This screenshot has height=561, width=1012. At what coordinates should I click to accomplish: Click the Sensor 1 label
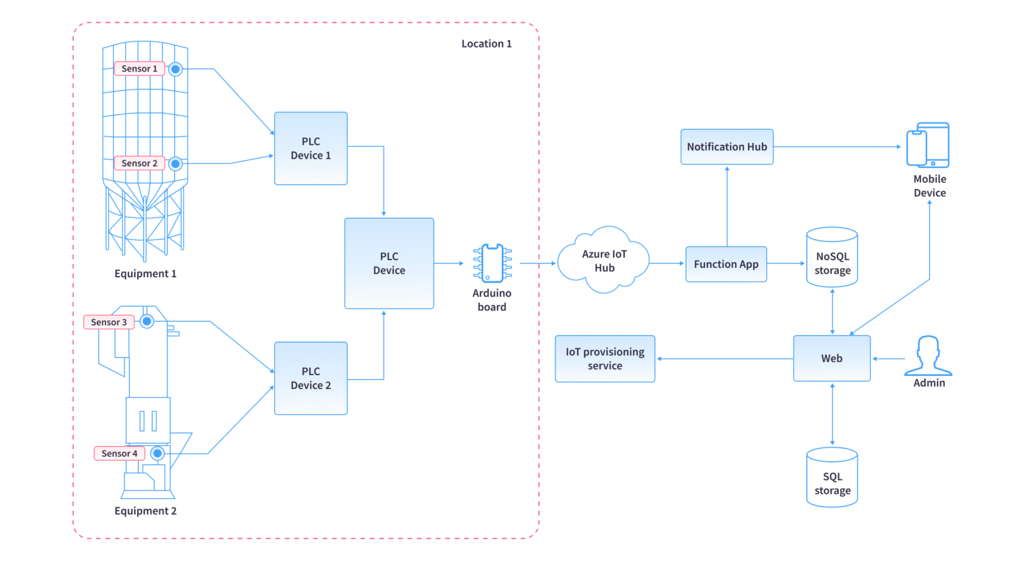tap(139, 68)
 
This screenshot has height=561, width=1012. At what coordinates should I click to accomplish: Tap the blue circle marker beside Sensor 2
tap(175, 163)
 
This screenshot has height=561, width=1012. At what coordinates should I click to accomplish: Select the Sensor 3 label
tap(109, 322)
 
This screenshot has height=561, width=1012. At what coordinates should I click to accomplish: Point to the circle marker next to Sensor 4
tap(157, 453)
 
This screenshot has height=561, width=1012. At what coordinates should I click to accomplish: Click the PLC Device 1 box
tap(310, 148)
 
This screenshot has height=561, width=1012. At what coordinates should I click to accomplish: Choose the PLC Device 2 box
tap(310, 378)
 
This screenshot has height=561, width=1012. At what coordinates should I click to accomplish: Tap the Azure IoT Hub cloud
tap(604, 261)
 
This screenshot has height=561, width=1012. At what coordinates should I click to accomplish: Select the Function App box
tap(726, 264)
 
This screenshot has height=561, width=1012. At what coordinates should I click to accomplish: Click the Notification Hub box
tap(727, 147)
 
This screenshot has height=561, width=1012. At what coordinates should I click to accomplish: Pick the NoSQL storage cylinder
tap(832, 257)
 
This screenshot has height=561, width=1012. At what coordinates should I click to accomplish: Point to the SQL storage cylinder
tap(832, 477)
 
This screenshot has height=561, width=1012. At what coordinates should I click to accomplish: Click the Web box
tap(831, 358)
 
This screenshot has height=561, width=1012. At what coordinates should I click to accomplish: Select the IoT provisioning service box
tap(605, 359)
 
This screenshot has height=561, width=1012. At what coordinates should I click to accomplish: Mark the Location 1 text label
tap(486, 43)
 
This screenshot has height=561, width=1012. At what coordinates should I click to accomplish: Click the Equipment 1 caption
tap(145, 273)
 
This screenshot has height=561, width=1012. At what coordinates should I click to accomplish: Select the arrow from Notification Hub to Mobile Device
tap(837, 147)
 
